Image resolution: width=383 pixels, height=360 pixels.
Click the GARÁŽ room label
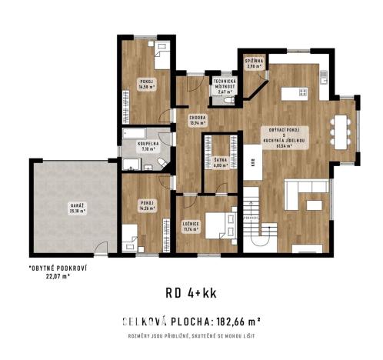74,208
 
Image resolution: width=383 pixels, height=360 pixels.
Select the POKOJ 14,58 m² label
147,84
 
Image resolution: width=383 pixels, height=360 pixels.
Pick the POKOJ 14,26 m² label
147,205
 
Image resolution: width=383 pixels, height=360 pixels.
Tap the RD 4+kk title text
191,292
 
